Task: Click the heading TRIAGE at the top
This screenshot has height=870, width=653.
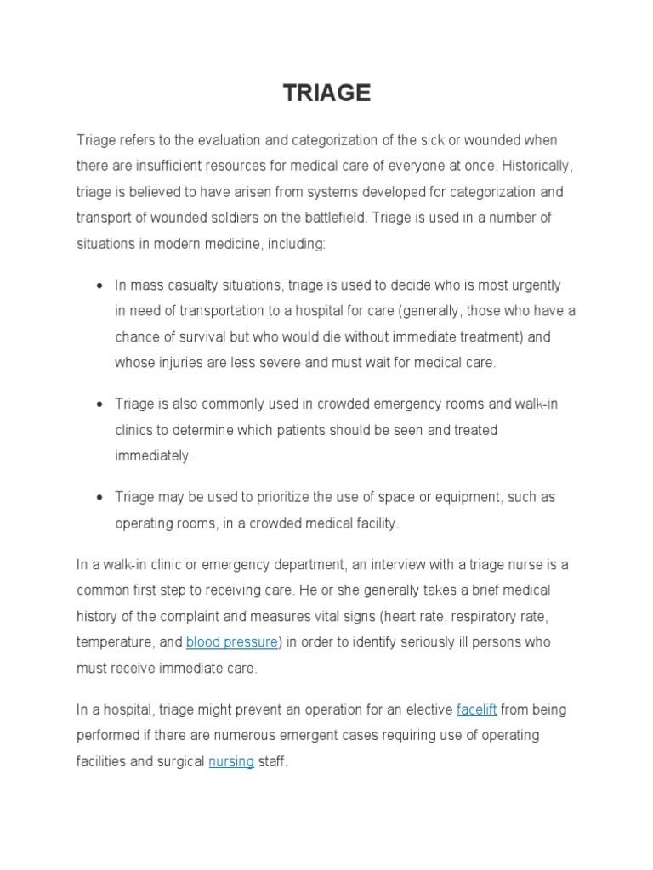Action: (327, 93)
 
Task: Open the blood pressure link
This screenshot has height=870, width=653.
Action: (231, 642)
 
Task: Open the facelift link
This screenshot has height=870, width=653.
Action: (476, 709)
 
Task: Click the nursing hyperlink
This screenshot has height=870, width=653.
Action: (231, 761)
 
